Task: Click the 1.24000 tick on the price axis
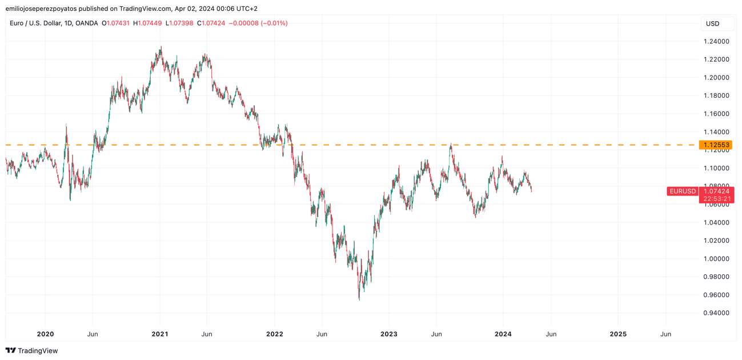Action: [716, 41]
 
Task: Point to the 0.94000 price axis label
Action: [716, 313]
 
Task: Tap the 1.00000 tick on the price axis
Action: [716, 259]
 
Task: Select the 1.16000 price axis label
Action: [716, 114]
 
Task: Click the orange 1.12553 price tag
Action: [716, 145]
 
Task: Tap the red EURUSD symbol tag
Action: [683, 191]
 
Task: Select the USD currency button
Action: [712, 24]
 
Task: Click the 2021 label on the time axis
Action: [160, 334]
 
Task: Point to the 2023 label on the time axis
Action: [388, 334]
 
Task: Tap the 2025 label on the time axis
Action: [617, 334]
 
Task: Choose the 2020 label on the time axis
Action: [45, 334]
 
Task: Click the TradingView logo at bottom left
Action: [32, 350]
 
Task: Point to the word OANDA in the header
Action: [87, 23]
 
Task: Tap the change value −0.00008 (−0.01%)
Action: [258, 23]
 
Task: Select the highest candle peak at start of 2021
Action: [161, 48]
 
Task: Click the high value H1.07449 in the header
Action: [147, 23]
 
